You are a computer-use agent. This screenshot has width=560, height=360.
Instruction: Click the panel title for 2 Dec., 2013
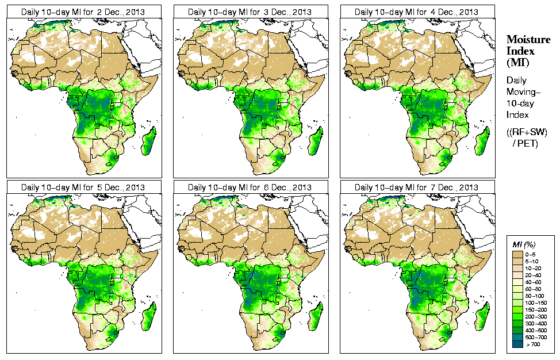click(x=83, y=12)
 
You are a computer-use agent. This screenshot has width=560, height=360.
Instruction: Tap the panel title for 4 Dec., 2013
click(x=416, y=12)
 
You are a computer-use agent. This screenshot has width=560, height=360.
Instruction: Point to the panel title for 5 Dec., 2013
click(x=83, y=187)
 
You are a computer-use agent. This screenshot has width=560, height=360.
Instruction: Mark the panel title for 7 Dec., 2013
click(x=416, y=187)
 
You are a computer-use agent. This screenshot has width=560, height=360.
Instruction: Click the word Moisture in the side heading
click(x=528, y=39)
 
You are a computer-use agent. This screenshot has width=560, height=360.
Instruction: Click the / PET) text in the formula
click(x=526, y=143)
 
